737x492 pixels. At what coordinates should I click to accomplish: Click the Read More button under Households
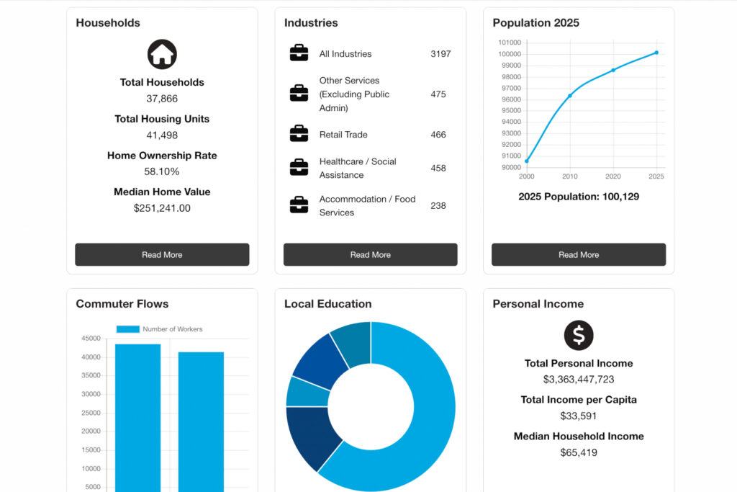162,254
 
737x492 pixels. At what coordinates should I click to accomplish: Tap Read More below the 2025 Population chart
578,254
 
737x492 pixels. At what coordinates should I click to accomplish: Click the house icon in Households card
162,54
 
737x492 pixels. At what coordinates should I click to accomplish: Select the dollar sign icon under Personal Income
578,335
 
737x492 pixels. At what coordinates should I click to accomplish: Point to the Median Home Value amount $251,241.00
162,208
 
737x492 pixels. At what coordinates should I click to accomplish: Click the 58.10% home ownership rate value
162,171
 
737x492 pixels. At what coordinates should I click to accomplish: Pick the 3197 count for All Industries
440,54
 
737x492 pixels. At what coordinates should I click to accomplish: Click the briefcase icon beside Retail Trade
299,134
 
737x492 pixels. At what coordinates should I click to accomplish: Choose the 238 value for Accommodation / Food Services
438,205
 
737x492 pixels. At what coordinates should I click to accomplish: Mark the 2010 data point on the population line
570,96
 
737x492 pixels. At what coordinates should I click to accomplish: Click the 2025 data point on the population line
656,53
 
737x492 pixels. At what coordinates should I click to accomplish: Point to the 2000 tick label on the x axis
526,176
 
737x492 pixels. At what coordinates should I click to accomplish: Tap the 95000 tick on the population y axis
510,110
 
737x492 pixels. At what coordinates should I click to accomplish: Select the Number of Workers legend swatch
127,329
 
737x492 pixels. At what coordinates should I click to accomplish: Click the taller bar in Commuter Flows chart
137,418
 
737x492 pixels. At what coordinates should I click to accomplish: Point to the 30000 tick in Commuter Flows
91,394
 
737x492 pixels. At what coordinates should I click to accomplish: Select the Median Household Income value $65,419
578,452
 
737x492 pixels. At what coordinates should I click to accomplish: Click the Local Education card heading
327,304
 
